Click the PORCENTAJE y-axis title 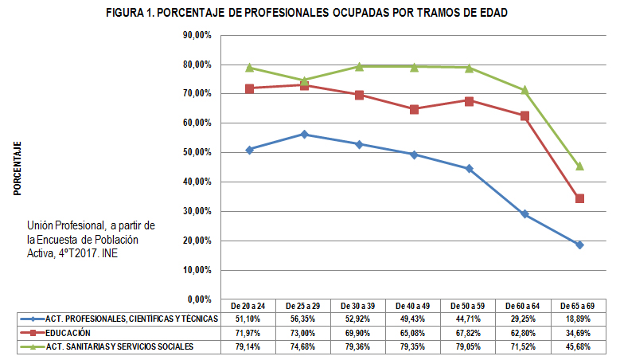[17, 168]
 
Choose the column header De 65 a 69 [579, 306]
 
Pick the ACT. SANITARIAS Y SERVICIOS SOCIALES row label [119, 346]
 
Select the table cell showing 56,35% [304, 319]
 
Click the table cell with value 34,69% [579, 332]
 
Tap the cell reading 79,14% [249, 346]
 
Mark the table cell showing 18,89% [579, 319]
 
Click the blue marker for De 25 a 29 [304, 134]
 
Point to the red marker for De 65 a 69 [579, 198]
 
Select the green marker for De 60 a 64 [524, 90]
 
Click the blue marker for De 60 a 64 [524, 214]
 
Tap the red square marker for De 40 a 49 [414, 109]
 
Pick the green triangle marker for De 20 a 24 [249, 68]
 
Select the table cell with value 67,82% [470, 332]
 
